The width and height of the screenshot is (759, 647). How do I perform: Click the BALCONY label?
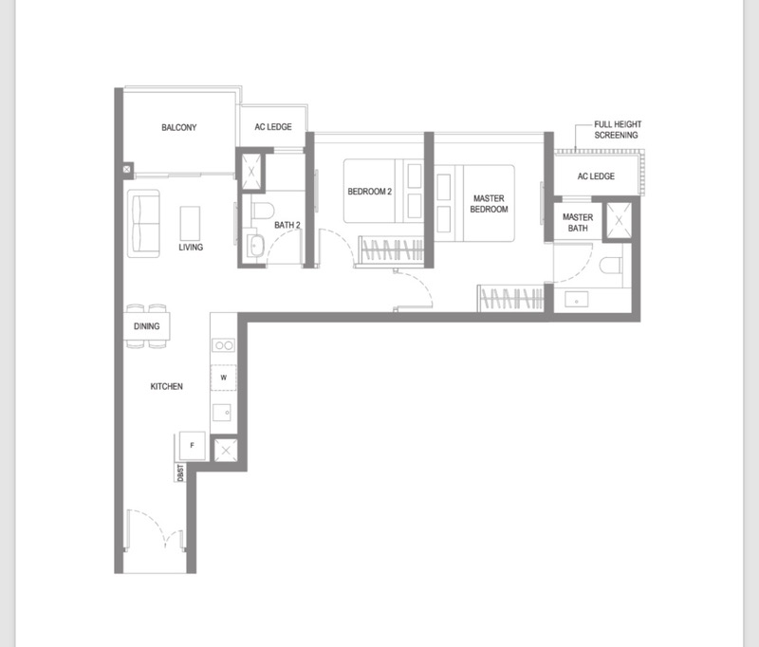[x=179, y=127]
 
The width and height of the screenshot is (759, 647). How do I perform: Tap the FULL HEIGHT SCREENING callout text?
[x=618, y=130]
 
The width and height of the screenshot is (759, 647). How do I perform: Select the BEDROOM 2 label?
[x=369, y=192]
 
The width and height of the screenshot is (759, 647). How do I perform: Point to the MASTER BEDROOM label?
[x=489, y=204]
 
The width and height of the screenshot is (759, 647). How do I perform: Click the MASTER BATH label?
[x=578, y=223]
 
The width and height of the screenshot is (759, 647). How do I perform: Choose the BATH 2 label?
[x=287, y=225]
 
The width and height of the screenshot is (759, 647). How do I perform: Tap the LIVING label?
[x=191, y=248]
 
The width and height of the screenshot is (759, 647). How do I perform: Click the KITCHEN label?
[x=167, y=386]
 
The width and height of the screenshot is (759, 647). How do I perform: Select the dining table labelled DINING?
[x=147, y=326]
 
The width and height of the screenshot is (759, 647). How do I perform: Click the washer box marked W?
[x=224, y=378]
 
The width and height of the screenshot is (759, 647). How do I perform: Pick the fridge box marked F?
[x=193, y=445]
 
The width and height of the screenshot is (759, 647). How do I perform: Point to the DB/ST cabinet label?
[x=180, y=472]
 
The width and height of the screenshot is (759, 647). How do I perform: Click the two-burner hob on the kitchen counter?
[x=224, y=345]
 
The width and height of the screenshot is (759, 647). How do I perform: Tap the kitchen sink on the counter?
[x=222, y=413]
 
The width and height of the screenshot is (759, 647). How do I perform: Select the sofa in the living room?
[x=144, y=224]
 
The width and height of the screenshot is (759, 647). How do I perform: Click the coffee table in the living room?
[x=191, y=224]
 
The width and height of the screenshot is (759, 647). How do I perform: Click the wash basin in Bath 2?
[x=254, y=247]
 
